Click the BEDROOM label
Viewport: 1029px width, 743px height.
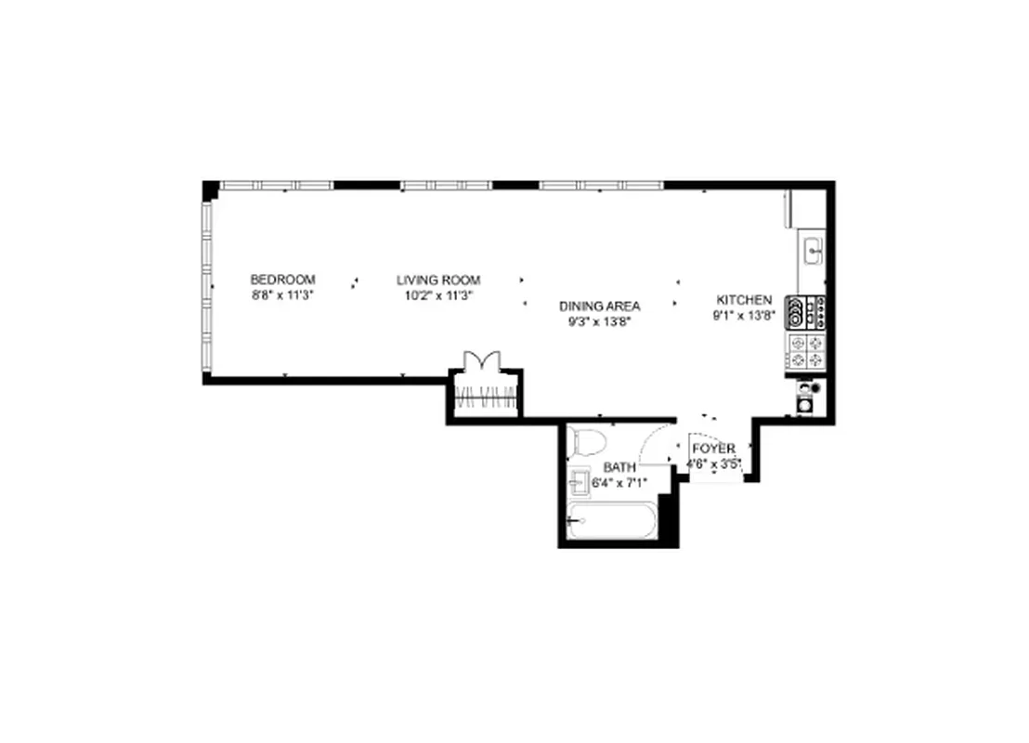[282, 280]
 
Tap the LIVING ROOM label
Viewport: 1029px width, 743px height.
[438, 280]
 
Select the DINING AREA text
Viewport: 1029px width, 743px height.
[599, 306]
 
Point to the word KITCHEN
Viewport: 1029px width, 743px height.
[744, 300]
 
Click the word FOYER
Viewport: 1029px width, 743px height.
[713, 449]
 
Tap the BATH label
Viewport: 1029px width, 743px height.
[619, 467]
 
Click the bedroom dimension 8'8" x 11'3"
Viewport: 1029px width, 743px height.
[282, 295]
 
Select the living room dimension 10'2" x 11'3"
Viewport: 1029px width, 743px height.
[438, 295]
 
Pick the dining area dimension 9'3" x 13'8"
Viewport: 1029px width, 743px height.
[599, 322]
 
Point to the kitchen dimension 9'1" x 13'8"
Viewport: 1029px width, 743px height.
[744, 316]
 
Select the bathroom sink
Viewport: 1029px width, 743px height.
[580, 482]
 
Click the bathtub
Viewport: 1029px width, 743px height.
[613, 522]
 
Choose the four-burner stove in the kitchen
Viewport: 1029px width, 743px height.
[807, 352]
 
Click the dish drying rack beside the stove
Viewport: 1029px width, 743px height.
[806, 311]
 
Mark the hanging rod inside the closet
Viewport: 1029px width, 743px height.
[485, 402]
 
